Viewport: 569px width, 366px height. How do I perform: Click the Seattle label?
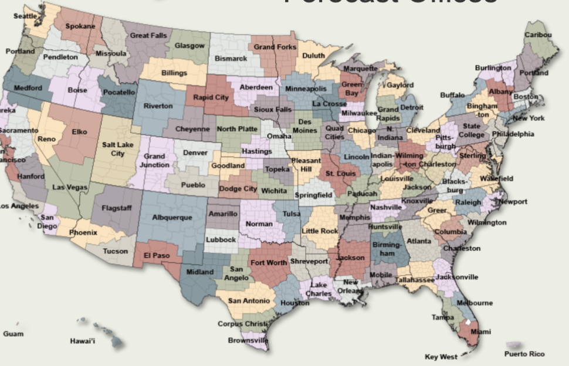(25, 16)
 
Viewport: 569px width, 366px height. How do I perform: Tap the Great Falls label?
(148, 35)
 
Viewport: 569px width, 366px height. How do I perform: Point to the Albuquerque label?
(172, 218)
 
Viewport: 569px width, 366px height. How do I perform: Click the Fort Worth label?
(268, 263)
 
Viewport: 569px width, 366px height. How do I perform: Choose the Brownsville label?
(248, 340)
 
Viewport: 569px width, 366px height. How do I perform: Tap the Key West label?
(441, 357)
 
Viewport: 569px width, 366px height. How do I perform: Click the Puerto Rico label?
(524, 354)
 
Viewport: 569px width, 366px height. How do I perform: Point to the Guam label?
(13, 334)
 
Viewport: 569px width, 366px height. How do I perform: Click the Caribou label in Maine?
(537, 35)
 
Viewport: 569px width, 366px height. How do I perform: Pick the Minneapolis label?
(306, 89)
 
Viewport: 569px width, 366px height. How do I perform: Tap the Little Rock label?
(320, 231)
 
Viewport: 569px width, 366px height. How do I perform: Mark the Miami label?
(480, 332)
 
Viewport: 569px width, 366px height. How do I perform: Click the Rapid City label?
(211, 97)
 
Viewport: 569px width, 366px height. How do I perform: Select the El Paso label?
(156, 256)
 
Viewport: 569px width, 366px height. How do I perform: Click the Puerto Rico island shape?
(516, 345)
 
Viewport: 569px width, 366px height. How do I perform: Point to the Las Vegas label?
(70, 187)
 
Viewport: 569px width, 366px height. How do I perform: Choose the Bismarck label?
(231, 59)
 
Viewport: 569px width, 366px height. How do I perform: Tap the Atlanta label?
(419, 241)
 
